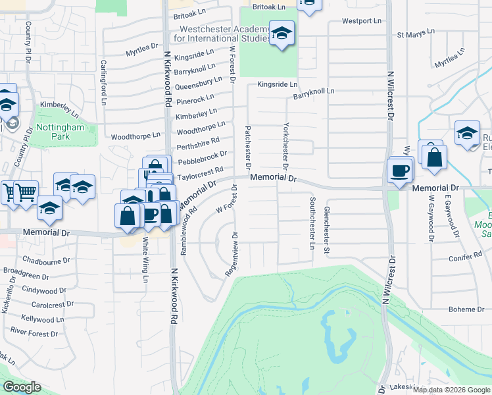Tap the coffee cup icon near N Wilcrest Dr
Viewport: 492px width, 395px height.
tap(400, 171)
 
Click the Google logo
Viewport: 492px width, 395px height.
tap(22, 387)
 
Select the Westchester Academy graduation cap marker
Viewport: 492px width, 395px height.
tap(282, 34)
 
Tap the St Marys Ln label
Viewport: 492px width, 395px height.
tap(416, 32)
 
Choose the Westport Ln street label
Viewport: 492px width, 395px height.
tap(362, 21)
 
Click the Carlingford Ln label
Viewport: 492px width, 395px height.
tap(104, 82)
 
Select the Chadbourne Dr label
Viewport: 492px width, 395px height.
tap(46, 260)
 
